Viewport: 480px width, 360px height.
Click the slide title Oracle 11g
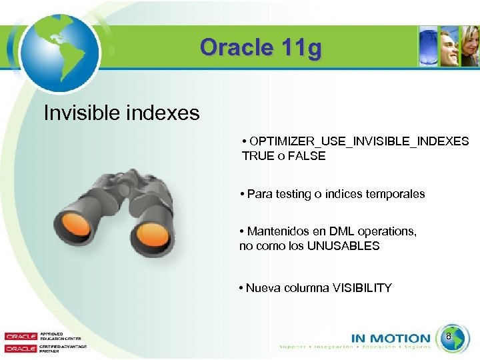click(x=261, y=48)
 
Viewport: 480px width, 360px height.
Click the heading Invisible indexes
click(x=121, y=113)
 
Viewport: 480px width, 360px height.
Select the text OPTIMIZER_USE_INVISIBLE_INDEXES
click(x=359, y=142)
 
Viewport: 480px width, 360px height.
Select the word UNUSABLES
click(x=347, y=245)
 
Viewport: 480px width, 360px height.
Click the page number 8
click(x=449, y=337)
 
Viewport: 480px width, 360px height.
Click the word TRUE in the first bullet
click(x=258, y=156)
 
